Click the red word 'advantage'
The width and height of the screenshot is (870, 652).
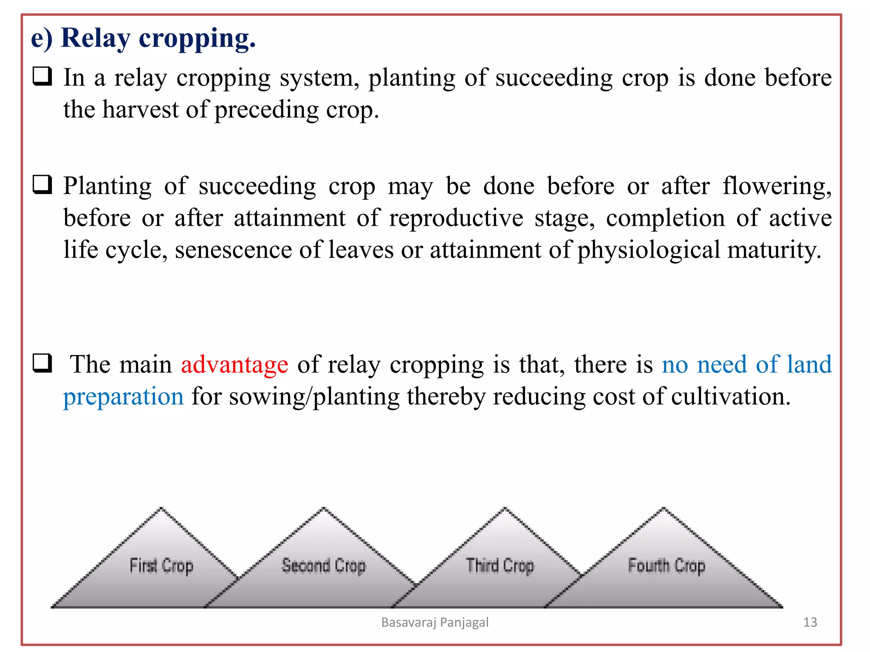tap(234, 365)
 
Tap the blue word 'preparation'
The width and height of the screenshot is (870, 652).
tap(123, 397)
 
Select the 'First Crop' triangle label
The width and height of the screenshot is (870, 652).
tap(161, 566)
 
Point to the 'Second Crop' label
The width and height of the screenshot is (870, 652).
tap(324, 566)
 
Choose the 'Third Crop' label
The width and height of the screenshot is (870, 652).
tap(500, 566)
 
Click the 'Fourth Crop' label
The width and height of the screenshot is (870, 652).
tap(667, 566)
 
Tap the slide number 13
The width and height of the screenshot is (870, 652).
tap(810, 622)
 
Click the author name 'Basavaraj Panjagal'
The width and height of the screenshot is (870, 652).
tap(435, 622)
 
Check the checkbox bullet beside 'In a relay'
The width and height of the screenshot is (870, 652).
tap(42, 76)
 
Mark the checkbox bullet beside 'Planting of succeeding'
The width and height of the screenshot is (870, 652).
tap(42, 185)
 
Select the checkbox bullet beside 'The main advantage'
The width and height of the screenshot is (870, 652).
tap(42, 363)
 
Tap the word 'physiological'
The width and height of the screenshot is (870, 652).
tap(649, 250)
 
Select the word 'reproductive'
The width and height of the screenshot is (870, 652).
tap(456, 219)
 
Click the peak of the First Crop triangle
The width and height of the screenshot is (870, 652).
tap(161, 509)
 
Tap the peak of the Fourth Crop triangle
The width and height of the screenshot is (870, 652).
tap(664, 509)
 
